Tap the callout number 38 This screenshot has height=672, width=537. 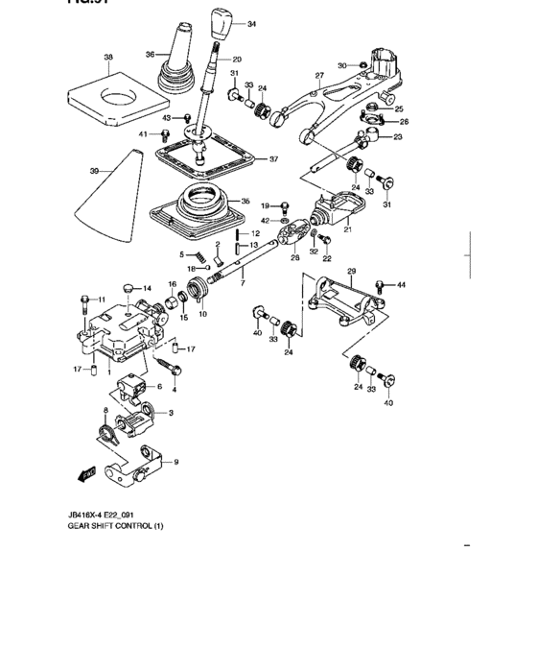tap(107, 59)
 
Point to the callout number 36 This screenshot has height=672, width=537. tap(150, 55)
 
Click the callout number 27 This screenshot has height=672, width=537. tap(320, 75)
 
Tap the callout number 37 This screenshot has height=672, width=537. tap(273, 159)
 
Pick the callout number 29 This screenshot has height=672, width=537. tap(351, 271)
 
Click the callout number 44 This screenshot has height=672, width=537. tap(402, 285)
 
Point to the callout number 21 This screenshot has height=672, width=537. tap(347, 230)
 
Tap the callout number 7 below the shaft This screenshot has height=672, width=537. tap(243, 285)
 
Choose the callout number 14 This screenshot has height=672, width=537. tap(146, 288)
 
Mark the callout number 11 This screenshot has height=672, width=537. tap(100, 300)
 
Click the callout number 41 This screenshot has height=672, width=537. tap(142, 134)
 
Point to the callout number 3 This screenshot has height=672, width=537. tap(170, 413)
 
